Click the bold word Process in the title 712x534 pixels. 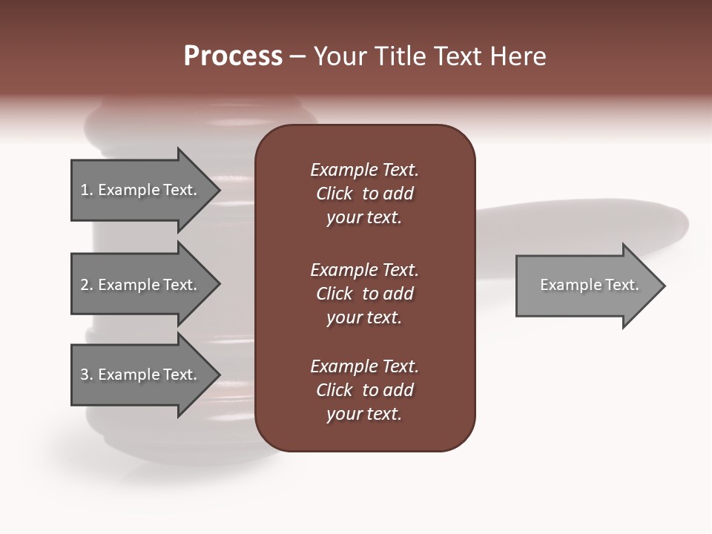pyautogui.click(x=233, y=56)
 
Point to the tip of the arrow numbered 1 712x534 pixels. pyautogui.click(x=219, y=190)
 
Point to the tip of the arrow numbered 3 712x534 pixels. pyautogui.click(x=219, y=375)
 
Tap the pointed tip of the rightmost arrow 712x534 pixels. pyautogui.click(x=664, y=286)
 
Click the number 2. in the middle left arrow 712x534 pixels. pyautogui.click(x=87, y=285)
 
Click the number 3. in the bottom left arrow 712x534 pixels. pyautogui.click(x=87, y=375)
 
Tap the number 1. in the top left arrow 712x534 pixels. pyautogui.click(x=87, y=190)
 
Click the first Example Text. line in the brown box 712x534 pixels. pyautogui.click(x=364, y=170)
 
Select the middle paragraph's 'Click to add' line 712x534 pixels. pyautogui.click(x=364, y=294)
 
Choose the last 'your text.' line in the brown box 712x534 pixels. pyautogui.click(x=364, y=414)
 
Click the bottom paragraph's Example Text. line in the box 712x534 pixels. pyautogui.click(x=364, y=366)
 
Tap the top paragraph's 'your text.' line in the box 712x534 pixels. pyautogui.click(x=364, y=217)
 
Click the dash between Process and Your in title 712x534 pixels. pyautogui.click(x=297, y=56)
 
